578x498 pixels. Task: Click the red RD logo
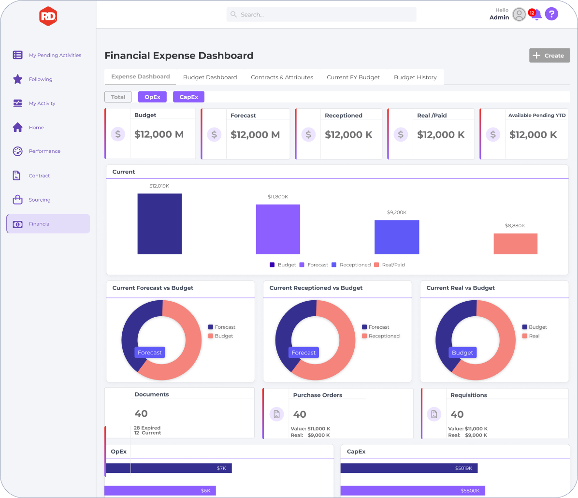pos(48,16)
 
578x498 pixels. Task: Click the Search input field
pos(321,15)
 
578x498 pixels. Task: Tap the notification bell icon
pos(536,15)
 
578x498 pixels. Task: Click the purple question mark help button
pos(551,14)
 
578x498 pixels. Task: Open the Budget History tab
pos(415,77)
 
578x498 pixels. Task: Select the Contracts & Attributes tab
pos(282,77)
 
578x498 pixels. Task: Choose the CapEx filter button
pos(189,97)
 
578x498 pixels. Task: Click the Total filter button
pos(118,97)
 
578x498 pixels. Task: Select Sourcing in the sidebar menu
pos(40,200)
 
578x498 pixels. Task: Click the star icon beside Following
pos(18,79)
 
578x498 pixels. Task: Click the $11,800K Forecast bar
pos(278,230)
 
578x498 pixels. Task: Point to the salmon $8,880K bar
pos(515,244)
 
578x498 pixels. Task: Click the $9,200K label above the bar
pos(397,212)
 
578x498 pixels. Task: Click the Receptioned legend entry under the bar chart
pos(351,265)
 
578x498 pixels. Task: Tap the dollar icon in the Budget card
pos(118,134)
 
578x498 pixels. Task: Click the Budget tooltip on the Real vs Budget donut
pos(462,352)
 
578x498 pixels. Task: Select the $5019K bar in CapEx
pos(409,468)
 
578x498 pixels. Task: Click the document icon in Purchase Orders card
pos(276,414)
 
